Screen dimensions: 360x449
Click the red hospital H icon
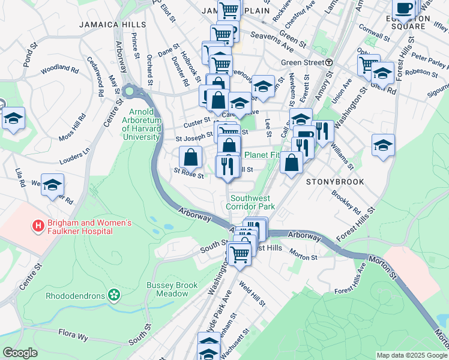coord(38,227)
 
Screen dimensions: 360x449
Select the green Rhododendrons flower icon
coord(113,295)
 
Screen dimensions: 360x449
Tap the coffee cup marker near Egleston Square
coord(404,8)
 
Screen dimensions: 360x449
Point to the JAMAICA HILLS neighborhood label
coord(112,25)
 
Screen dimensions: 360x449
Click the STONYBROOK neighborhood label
coord(334,181)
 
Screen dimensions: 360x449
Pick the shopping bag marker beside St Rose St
coord(190,158)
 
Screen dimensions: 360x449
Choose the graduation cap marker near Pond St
coord(13,119)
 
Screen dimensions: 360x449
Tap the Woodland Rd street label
coord(60,70)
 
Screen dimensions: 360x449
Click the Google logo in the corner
coord(20,353)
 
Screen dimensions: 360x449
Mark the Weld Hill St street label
coord(252,293)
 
